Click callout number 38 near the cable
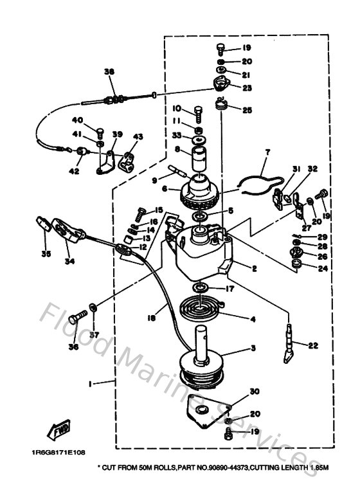click(x=108, y=73)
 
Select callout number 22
click(x=313, y=346)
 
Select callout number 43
click(x=138, y=137)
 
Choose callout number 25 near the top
click(x=248, y=110)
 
